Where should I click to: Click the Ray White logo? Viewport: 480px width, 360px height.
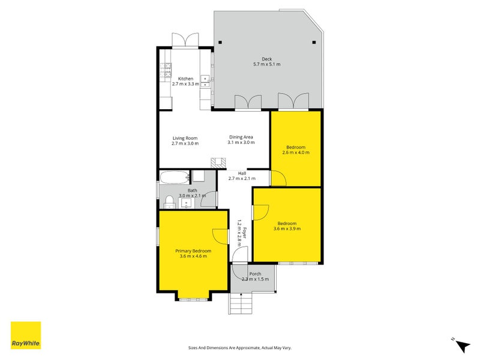tap(26, 335)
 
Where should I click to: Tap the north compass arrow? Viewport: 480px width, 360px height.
tap(462, 345)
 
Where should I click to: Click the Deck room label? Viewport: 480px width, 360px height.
tap(266, 59)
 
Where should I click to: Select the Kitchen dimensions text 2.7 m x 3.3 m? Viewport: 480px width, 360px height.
tap(185, 84)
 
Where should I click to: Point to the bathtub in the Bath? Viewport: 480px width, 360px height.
tap(175, 178)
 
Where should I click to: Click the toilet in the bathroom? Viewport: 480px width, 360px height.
tap(169, 203)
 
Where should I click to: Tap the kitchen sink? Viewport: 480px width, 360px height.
tap(205, 81)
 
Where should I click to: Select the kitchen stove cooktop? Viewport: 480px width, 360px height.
tap(166, 70)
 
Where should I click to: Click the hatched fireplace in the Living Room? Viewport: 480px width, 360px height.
tap(218, 163)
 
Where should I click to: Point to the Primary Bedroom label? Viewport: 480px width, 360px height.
tap(193, 251)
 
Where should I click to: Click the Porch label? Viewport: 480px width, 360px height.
tap(256, 274)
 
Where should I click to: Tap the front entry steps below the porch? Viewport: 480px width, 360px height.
tap(241, 303)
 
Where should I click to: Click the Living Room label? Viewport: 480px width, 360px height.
tap(185, 138)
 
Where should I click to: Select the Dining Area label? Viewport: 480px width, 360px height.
tap(241, 137)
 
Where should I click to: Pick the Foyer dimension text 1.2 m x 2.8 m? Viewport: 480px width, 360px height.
tap(239, 233)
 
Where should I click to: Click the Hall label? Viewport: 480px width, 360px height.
tap(242, 173)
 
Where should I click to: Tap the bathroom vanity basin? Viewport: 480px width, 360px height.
tap(187, 203)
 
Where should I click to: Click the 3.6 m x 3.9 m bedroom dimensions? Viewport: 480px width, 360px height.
tap(287, 229)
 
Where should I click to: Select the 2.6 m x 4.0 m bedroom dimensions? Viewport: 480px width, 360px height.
tap(296, 152)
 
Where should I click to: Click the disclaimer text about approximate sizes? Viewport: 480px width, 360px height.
tap(239, 348)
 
